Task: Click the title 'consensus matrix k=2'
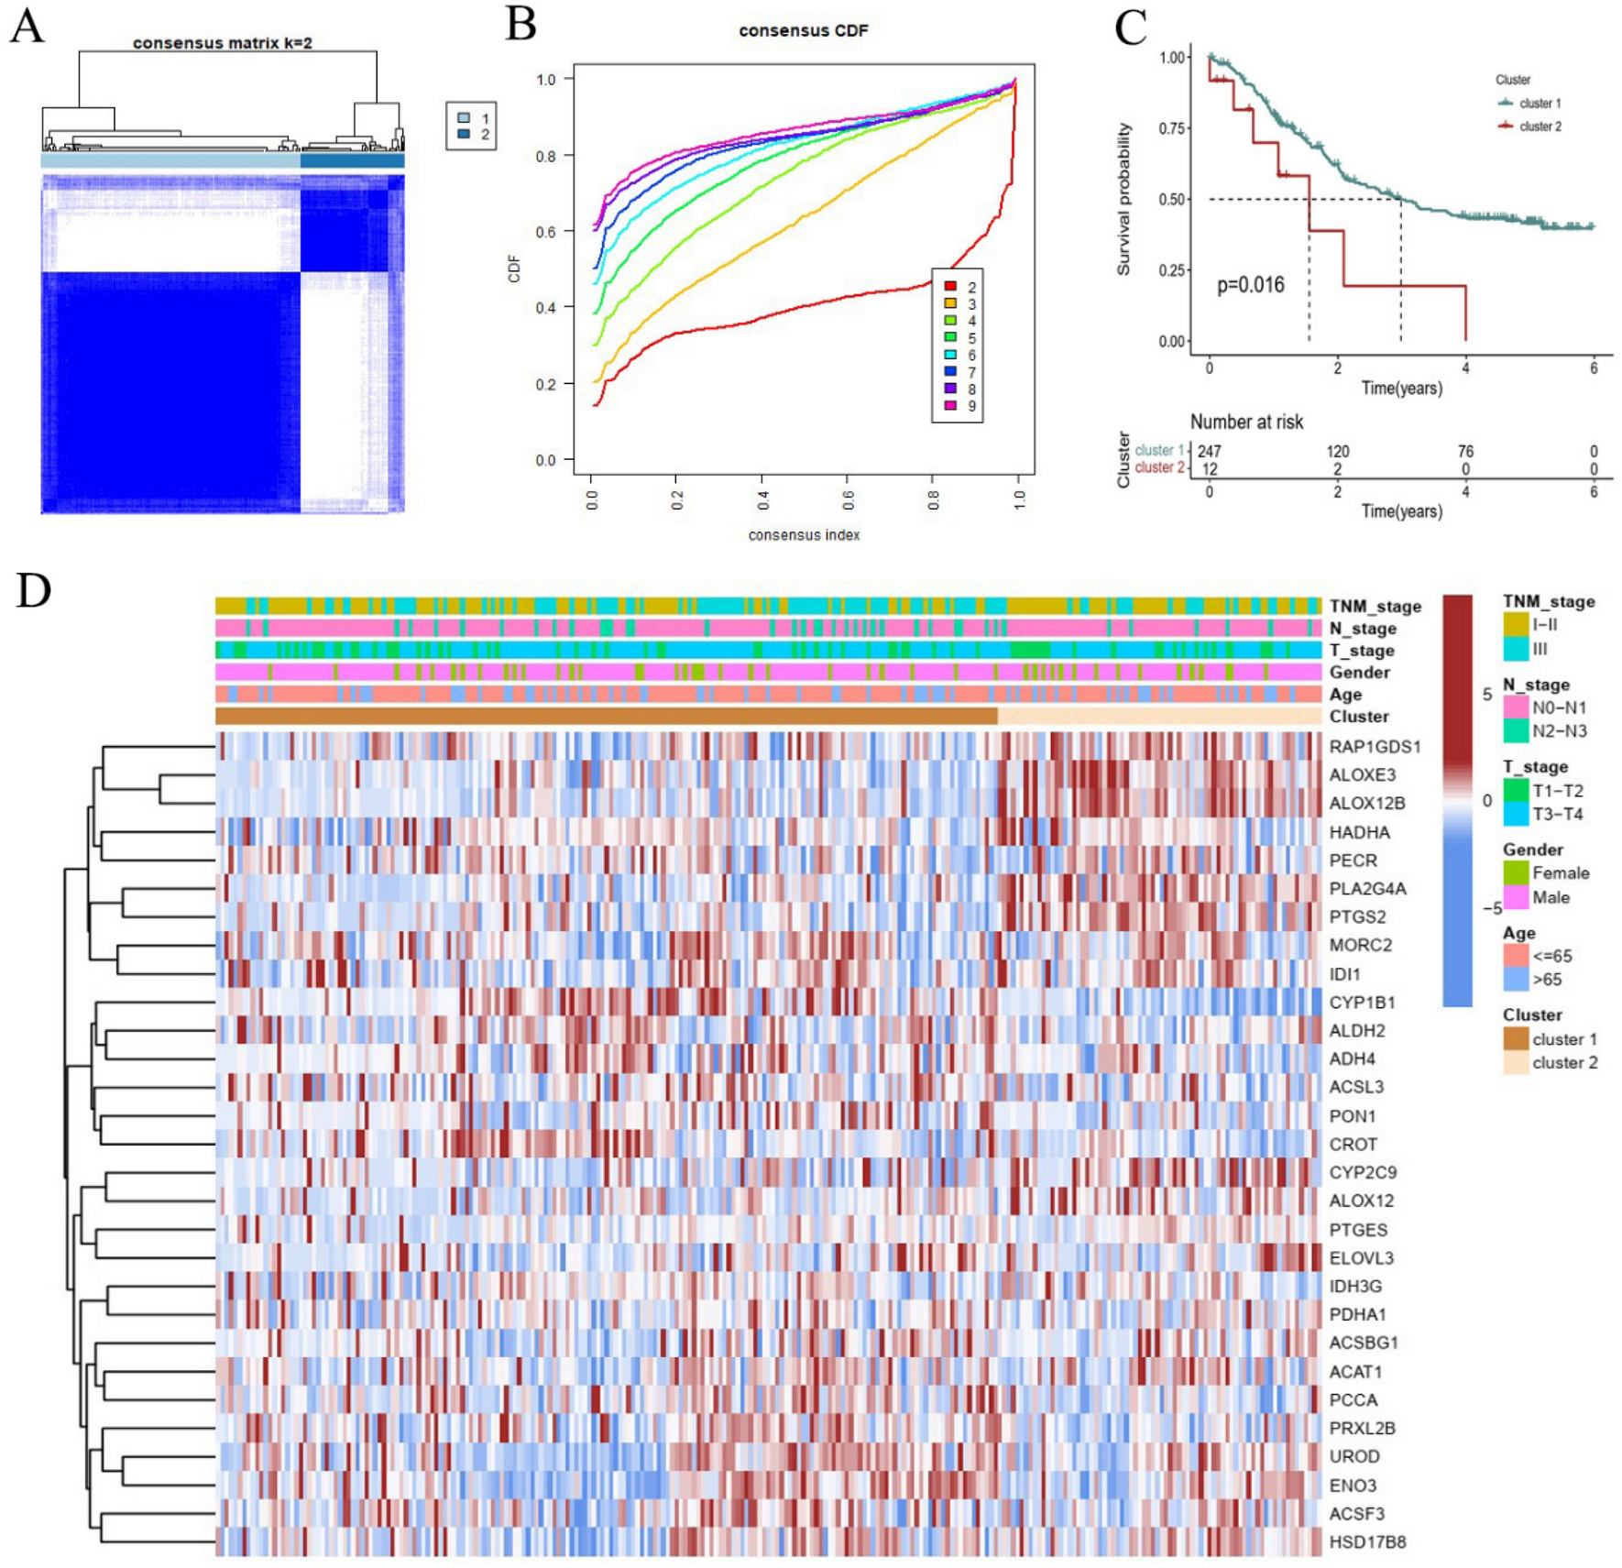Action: pyautogui.click(x=222, y=42)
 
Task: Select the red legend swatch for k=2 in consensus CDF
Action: pyautogui.click(x=949, y=287)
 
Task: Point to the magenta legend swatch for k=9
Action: pyautogui.click(x=949, y=405)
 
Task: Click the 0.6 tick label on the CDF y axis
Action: pyautogui.click(x=545, y=232)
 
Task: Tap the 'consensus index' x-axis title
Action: pyautogui.click(x=803, y=534)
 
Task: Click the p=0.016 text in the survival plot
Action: pyautogui.click(x=1250, y=285)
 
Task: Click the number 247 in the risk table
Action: pyautogui.click(x=1209, y=451)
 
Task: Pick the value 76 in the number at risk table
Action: pyautogui.click(x=1465, y=451)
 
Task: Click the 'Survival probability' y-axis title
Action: pyautogui.click(x=1123, y=199)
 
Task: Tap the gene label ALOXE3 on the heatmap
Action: pyautogui.click(x=1362, y=774)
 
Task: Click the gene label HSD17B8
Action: pyautogui.click(x=1367, y=1541)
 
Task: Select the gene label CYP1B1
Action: pyautogui.click(x=1362, y=1002)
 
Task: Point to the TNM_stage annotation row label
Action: pyautogui.click(x=1375, y=606)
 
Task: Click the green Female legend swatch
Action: pyautogui.click(x=1516, y=872)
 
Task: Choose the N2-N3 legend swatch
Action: pyautogui.click(x=1516, y=730)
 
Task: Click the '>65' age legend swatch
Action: pyautogui.click(x=1516, y=979)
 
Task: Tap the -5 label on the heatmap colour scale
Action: pyautogui.click(x=1492, y=908)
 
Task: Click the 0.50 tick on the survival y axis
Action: pyautogui.click(x=1172, y=200)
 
